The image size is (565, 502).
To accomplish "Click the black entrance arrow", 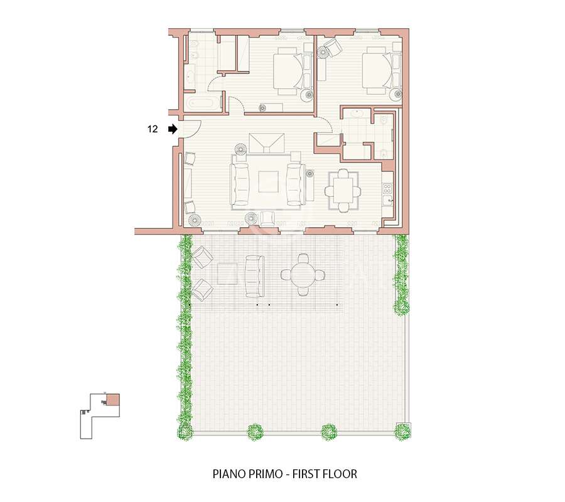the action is tap(173, 129).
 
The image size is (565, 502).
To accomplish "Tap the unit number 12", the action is tap(153, 129).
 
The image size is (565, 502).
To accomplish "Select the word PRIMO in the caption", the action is tap(264, 474).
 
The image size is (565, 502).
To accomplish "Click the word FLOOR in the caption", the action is tap(340, 474).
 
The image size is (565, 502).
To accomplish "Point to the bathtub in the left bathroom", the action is tap(203, 104).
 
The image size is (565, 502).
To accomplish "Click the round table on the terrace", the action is tap(303, 275).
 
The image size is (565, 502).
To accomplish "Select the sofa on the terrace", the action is tap(254, 276).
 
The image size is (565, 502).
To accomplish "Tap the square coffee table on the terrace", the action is tap(227, 274).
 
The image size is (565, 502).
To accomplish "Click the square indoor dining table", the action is tap(343, 191).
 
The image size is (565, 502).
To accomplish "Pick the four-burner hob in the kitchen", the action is tap(387, 188).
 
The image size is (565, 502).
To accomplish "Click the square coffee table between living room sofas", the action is tap(268, 182).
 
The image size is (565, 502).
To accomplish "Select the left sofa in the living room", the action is tap(240, 184).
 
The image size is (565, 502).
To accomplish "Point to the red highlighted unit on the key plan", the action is tap(113, 400).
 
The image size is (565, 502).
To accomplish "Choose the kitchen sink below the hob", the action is tap(387, 200).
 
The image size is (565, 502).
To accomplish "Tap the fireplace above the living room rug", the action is tap(267, 143).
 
